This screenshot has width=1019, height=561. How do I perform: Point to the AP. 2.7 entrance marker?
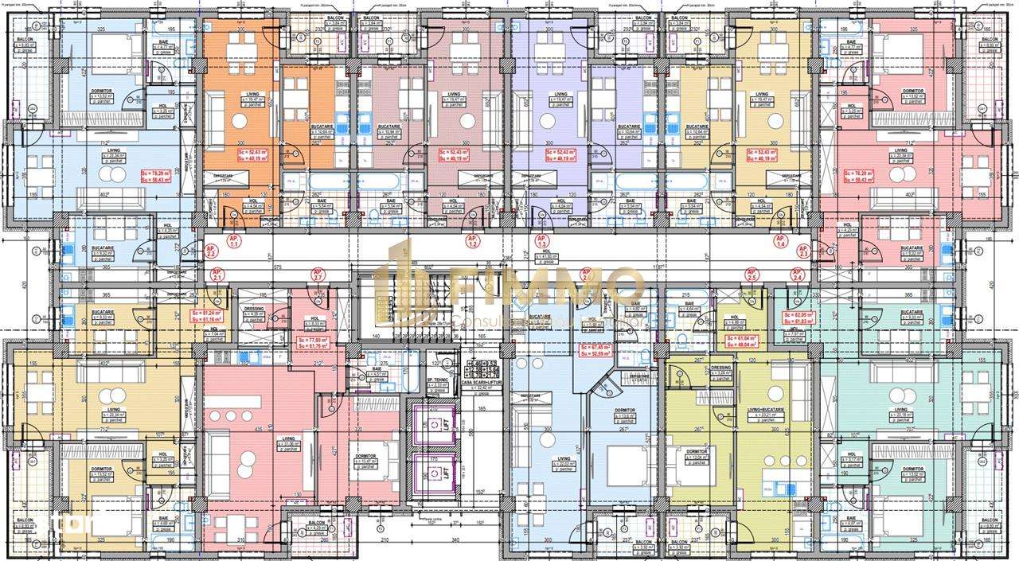pos(318,276)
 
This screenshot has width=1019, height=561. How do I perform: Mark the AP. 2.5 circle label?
pos(751,276)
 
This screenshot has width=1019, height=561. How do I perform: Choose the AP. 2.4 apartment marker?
pos(797,276)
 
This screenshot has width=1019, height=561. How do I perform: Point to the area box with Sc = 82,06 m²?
pos(798,318)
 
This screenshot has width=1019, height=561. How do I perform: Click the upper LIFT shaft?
pos(435,423)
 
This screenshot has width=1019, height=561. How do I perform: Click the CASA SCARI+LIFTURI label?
pos(478,385)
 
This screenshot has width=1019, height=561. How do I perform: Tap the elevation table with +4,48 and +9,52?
pos(478,368)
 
